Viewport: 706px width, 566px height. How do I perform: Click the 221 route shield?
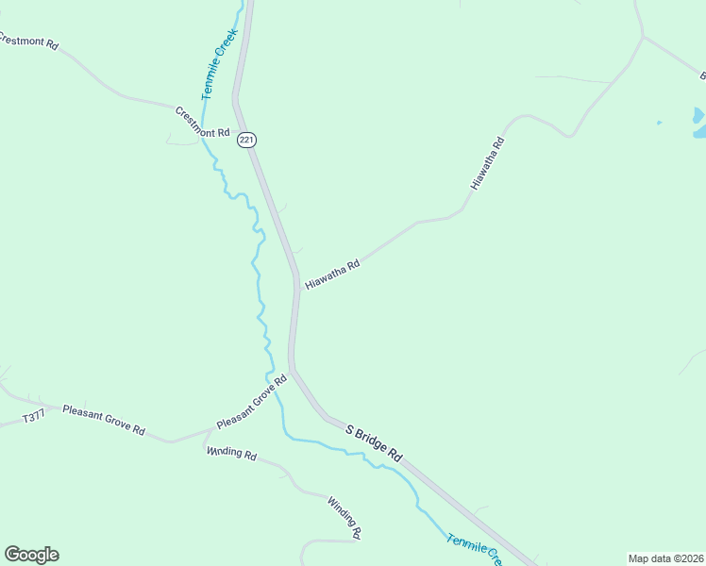pyautogui.click(x=246, y=140)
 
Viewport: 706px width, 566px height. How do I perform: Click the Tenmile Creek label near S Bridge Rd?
pyautogui.click(x=476, y=549)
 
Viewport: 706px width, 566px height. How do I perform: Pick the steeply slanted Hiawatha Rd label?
pyautogui.click(x=488, y=164)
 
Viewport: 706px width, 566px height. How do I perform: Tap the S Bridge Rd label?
pyautogui.click(x=374, y=442)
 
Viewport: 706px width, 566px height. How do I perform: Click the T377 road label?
pyautogui.click(x=33, y=416)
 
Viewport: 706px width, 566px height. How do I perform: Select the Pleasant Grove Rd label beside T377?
pyautogui.click(x=104, y=419)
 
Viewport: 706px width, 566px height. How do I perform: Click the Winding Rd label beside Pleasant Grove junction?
pyautogui.click(x=231, y=453)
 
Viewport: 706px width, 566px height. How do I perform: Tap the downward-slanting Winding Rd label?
pyautogui.click(x=345, y=517)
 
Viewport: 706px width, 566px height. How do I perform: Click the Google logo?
pyautogui.click(x=31, y=555)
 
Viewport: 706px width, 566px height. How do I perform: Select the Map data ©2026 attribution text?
pyautogui.click(x=665, y=558)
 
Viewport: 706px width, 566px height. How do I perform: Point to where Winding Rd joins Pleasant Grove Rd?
pyautogui.click(x=206, y=436)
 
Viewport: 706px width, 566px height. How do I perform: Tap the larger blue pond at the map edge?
pyautogui.click(x=698, y=117)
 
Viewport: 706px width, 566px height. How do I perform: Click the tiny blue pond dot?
pyautogui.click(x=659, y=123)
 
